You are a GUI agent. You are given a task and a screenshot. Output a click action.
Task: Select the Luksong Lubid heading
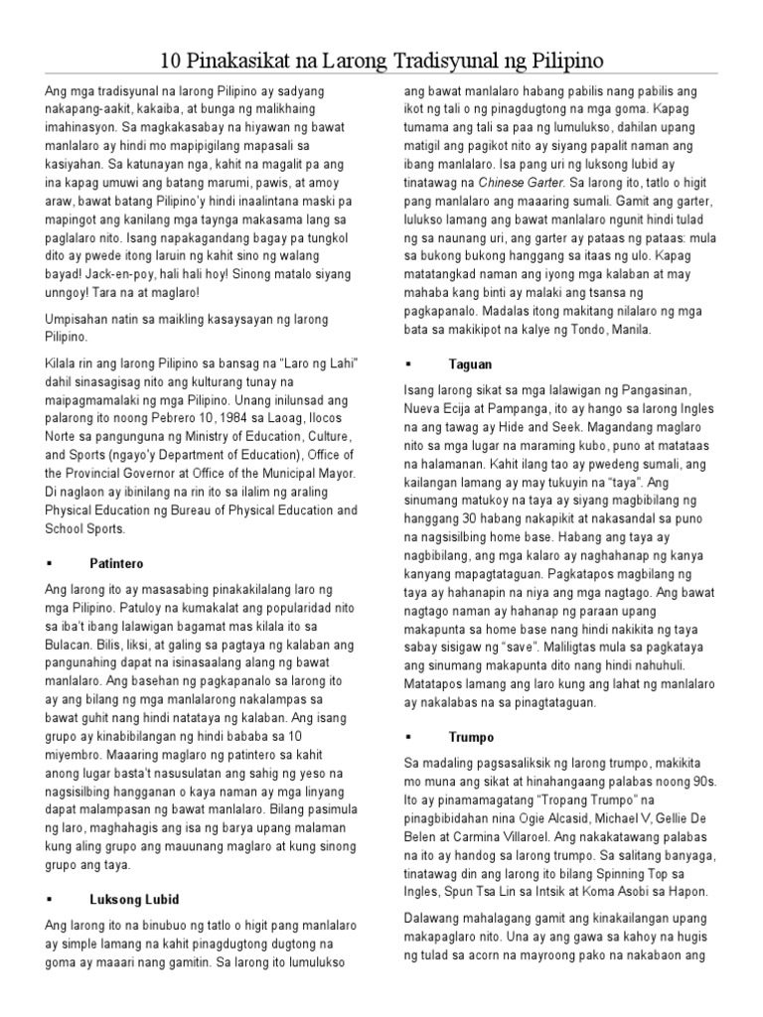point(134,899)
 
